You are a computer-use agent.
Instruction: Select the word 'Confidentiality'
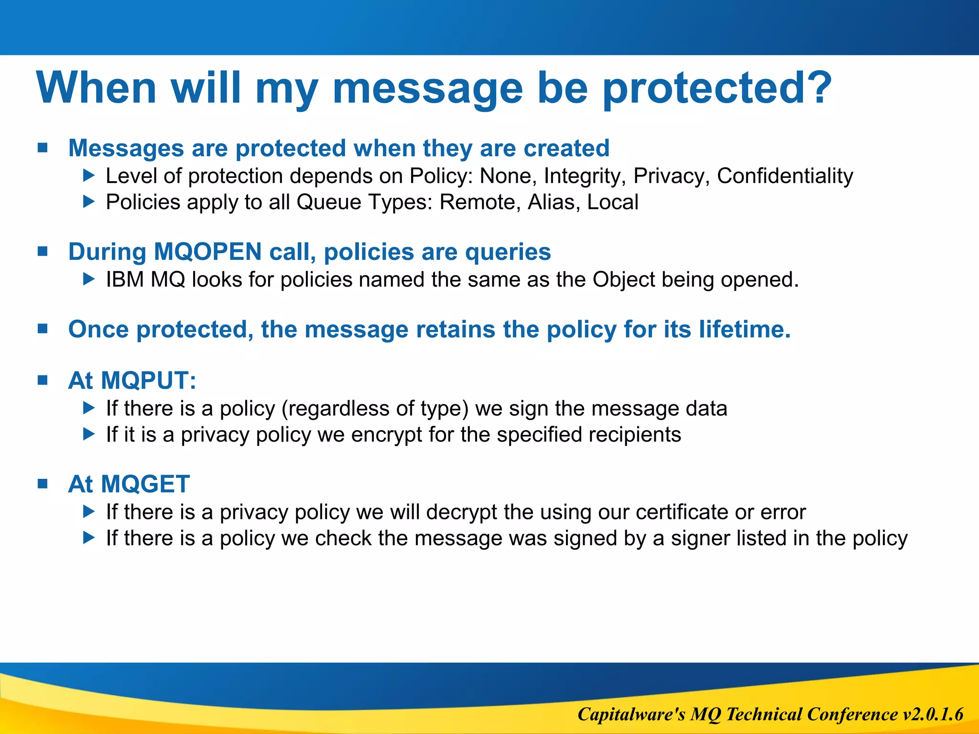click(x=785, y=176)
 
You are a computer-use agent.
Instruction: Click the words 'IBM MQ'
click(x=145, y=280)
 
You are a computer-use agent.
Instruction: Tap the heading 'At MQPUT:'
click(x=132, y=381)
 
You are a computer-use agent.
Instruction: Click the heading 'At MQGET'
click(x=129, y=484)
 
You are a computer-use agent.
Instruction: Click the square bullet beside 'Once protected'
click(x=43, y=329)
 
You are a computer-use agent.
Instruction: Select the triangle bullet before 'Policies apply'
click(x=89, y=202)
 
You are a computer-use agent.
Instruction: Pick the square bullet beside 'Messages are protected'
click(x=43, y=148)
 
